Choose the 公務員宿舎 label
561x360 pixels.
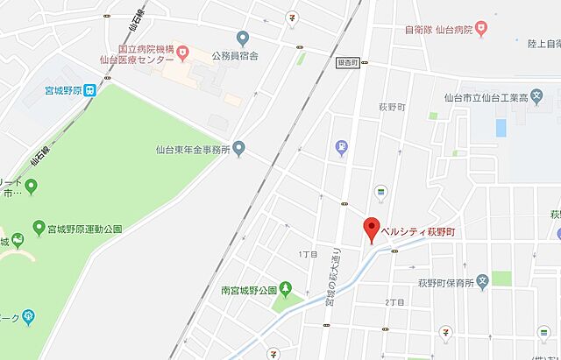(x=234, y=55)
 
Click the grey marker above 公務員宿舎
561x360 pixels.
(x=243, y=37)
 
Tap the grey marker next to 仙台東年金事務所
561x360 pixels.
(x=239, y=150)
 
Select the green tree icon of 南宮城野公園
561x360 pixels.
(x=287, y=289)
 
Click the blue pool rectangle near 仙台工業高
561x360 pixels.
(x=501, y=128)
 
